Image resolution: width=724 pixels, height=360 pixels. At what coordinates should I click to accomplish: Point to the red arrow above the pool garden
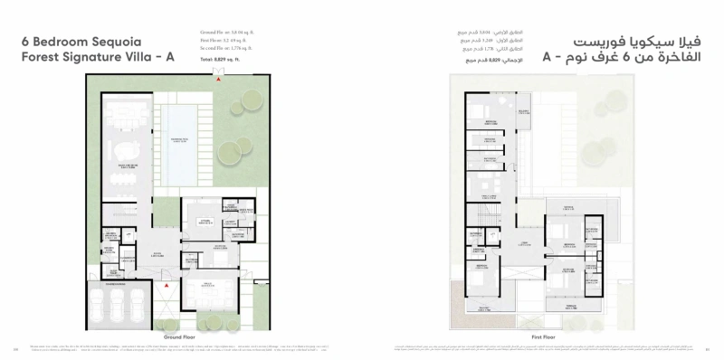click(216, 76)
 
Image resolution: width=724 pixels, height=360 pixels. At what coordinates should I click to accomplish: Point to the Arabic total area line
click(481, 59)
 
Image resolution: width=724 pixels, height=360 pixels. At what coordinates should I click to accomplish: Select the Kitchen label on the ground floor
click(205, 220)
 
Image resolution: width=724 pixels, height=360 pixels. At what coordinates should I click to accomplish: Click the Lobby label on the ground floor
click(156, 254)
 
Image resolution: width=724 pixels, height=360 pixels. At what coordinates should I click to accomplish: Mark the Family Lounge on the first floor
click(489, 187)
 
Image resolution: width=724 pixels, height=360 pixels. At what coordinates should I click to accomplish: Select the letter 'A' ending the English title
click(169, 59)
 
